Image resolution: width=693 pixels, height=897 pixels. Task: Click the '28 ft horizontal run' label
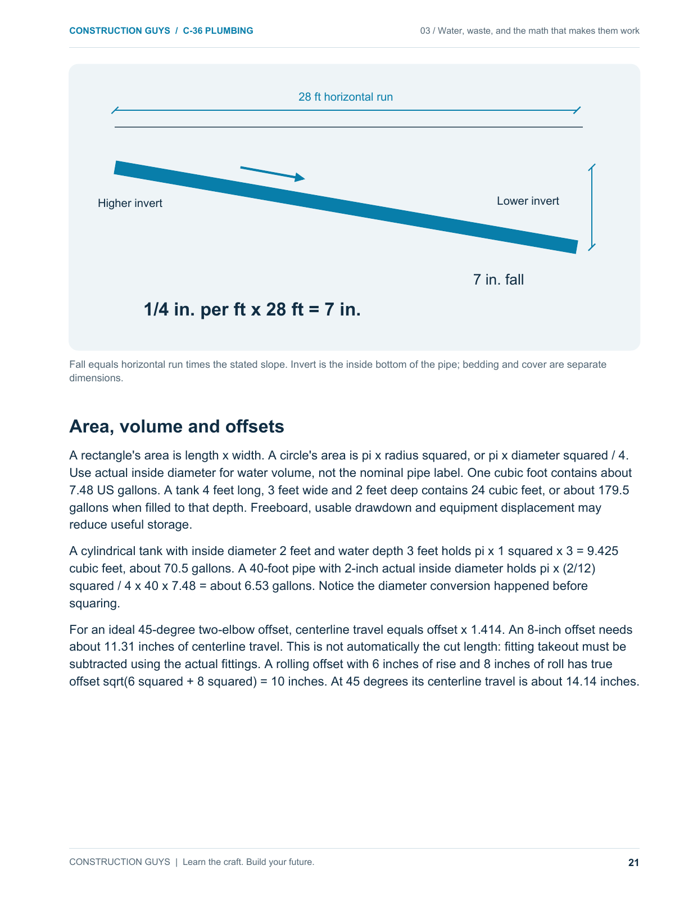(x=345, y=97)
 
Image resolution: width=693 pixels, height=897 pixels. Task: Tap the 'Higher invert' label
(x=130, y=203)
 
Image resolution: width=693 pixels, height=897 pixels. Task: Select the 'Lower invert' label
(x=528, y=201)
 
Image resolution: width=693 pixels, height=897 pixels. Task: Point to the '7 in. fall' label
(x=499, y=280)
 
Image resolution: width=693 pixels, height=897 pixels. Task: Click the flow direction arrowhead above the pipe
(x=300, y=178)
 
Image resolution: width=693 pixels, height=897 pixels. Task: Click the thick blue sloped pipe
(x=346, y=207)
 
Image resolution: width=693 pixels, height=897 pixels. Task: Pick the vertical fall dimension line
(x=591, y=207)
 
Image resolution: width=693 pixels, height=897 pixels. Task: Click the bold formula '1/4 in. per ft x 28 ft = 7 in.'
(x=252, y=309)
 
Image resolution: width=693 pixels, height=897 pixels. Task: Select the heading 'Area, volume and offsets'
(x=176, y=426)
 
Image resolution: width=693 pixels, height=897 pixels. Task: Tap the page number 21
(x=633, y=862)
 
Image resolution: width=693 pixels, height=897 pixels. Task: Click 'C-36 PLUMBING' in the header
(x=218, y=31)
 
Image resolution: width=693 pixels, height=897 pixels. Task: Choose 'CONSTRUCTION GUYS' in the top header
(x=120, y=31)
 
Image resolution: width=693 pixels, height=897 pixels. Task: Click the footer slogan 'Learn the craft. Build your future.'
(x=248, y=862)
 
